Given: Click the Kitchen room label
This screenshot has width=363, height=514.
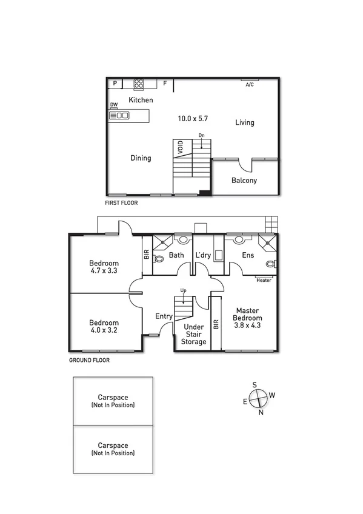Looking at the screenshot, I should coord(141,100).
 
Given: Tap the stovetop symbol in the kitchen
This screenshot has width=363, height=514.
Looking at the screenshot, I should coord(138,83).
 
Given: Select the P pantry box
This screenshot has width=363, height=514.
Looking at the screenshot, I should coord(114,83).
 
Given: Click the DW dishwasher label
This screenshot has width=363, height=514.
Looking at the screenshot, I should coord(113,105).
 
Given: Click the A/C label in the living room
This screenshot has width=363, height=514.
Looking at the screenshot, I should coord(249,85).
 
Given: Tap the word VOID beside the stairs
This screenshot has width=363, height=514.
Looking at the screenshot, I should coord(180,147).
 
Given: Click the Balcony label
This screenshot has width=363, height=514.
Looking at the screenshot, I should coord(244,180).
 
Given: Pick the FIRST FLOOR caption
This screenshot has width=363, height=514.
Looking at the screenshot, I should coord(121,203).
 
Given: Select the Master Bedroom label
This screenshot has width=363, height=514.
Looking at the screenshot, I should coord(248,318).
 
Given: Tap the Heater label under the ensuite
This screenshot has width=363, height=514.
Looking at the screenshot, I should coord(264,280).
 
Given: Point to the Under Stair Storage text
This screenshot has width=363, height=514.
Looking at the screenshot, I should coord(195,334).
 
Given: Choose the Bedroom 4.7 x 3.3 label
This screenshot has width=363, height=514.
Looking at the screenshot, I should coord(104,267).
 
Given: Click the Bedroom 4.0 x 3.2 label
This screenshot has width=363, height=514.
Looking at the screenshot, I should coord(104,327).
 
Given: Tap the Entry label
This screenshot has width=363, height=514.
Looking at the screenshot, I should coord(164,316).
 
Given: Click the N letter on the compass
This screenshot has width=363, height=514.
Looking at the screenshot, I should coord(261,413).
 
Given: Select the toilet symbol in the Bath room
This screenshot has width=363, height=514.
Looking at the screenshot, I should coord(159,259).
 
